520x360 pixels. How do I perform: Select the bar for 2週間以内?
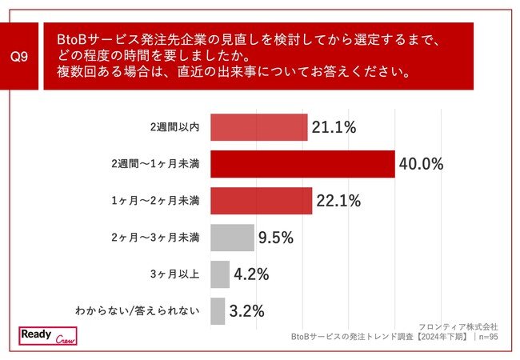tap(258, 127)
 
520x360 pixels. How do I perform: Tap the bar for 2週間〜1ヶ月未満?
tap(302, 164)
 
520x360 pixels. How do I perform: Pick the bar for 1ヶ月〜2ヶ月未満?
tap(261, 201)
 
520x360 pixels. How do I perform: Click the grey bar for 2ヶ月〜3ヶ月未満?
tap(232, 238)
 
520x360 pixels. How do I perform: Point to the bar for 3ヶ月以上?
tap(219, 274)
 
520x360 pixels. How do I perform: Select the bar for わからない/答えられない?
tap(217, 311)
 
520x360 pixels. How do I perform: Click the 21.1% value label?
tap(334, 127)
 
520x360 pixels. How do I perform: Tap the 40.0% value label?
tap(422, 165)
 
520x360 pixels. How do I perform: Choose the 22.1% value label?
tap(338, 202)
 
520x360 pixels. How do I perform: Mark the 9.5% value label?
tap(276, 238)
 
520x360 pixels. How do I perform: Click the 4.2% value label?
tap(250, 275)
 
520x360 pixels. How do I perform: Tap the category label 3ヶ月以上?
tap(176, 274)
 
